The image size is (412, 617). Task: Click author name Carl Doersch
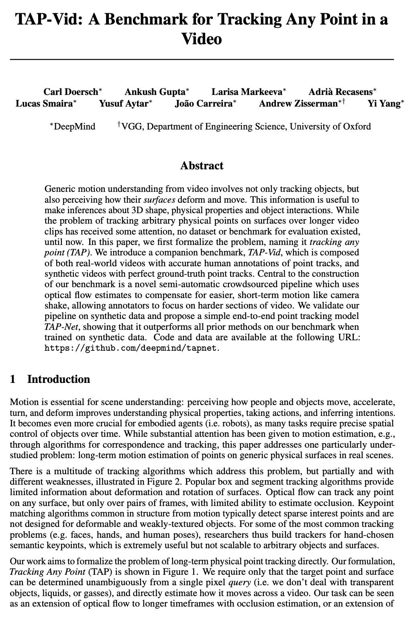coord(73,92)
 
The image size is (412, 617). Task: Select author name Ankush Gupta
coord(155,92)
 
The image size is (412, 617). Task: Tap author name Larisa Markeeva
coord(247,92)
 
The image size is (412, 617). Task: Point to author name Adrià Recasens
coord(341,92)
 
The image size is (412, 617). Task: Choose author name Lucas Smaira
coord(44,104)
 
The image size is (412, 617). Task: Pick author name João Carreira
coord(203,104)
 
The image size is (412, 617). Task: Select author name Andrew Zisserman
coord(298,104)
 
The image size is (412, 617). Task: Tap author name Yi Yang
coord(384,104)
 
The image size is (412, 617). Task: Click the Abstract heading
coord(202,166)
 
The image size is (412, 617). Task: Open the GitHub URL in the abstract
coord(131,348)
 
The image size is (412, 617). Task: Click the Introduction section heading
coord(59,379)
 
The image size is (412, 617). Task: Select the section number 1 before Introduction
coord(13,379)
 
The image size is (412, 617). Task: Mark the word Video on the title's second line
coord(202,39)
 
